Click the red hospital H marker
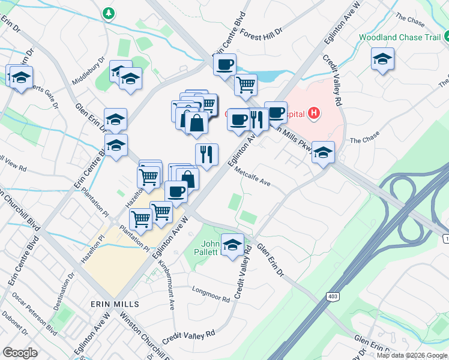pyautogui.click(x=313, y=113)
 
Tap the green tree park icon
pyautogui.click(x=108, y=13)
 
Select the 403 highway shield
pyautogui.click(x=332, y=296)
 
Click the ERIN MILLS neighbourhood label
pyautogui.click(x=115, y=304)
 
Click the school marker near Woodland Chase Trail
pyautogui.click(x=382, y=60)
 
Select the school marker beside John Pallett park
pyautogui.click(x=232, y=245)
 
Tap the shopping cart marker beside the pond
pyautogui.click(x=245, y=85)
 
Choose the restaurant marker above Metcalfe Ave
pyautogui.click(x=206, y=155)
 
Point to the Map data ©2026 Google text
pyautogui.click(x=411, y=355)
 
